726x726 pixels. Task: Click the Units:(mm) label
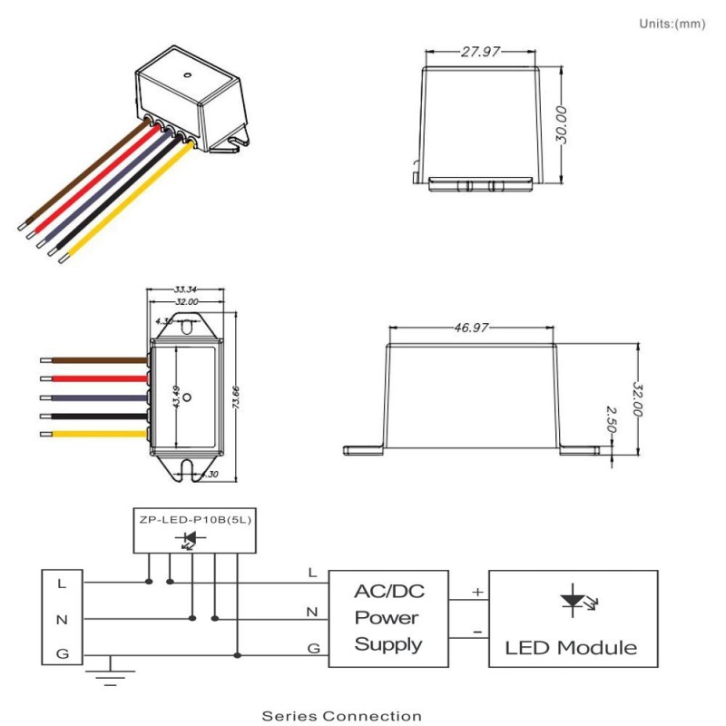coord(671,24)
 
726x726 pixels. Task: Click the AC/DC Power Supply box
coord(388,618)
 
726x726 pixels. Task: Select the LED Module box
coord(572,618)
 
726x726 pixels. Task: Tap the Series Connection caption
coord(342,716)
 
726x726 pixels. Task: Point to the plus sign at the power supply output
coord(478,593)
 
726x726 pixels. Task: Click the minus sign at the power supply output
coord(478,632)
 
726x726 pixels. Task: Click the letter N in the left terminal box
coord(62,620)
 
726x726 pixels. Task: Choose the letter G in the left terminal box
coord(62,653)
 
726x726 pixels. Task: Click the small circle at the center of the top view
coord(187,397)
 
